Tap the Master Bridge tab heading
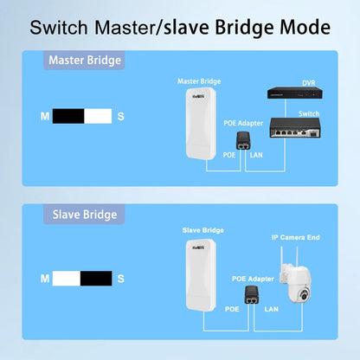[85, 61]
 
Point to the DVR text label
[308, 83]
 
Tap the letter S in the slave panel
[121, 279]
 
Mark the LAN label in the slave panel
[270, 308]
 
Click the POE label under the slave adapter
[231, 308]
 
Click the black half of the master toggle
[68, 115]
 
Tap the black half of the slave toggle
[96, 279]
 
